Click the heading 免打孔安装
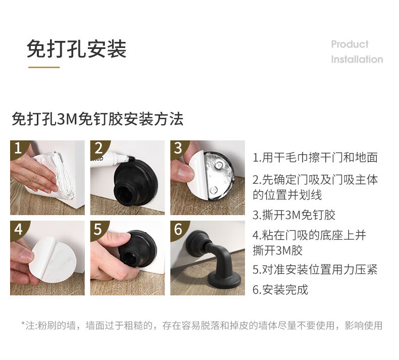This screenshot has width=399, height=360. (77, 49)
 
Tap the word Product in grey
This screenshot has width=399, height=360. (350, 44)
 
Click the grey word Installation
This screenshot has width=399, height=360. (357, 59)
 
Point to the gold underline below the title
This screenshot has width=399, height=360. (44, 68)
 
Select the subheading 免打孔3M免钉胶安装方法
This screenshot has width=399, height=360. (97, 119)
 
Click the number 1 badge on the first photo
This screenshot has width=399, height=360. (18, 147)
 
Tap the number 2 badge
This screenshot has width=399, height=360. (98, 148)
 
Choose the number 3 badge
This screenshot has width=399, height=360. (178, 148)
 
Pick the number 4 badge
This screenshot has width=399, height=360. (18, 230)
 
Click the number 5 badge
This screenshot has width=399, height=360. (97, 229)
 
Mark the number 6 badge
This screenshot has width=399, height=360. (178, 229)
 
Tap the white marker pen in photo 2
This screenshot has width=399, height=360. (112, 157)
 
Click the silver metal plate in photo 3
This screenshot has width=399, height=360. (219, 176)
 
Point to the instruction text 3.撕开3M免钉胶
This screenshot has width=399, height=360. (294, 215)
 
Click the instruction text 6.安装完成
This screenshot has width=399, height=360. (280, 289)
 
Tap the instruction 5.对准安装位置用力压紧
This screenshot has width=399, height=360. (315, 270)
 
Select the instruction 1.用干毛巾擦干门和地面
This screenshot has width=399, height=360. (315, 158)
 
